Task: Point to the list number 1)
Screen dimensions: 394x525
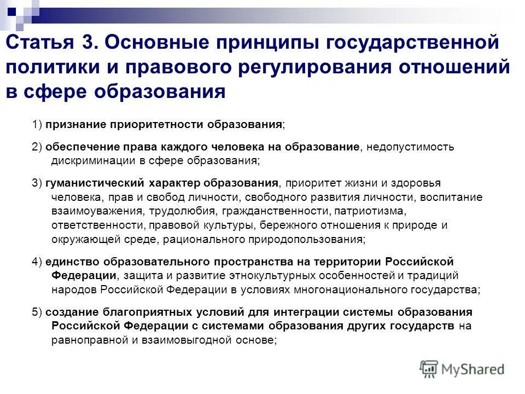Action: [x=37, y=124]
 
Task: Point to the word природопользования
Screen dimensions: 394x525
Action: [x=309, y=239]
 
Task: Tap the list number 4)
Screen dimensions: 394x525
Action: [x=37, y=261]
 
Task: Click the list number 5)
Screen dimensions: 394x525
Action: [x=37, y=312]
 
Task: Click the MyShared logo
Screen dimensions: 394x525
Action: [x=463, y=369]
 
